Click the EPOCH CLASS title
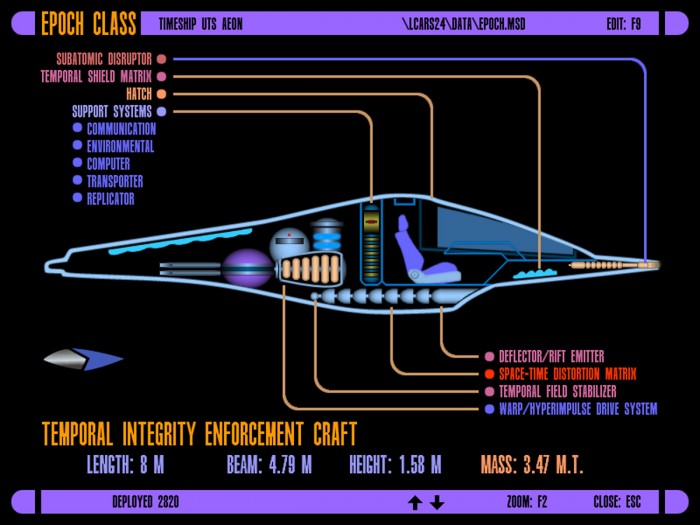(88, 24)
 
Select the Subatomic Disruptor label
(104, 59)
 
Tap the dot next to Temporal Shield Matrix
(162, 77)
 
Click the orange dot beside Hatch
(162, 94)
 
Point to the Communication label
(121, 129)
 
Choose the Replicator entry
(110, 199)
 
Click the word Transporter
(115, 181)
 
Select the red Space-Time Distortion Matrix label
(567, 374)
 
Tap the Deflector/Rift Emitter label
(551, 356)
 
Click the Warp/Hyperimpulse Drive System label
(578, 408)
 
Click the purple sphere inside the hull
(247, 268)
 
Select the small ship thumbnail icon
(83, 359)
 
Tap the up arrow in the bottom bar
(415, 503)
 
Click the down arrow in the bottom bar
(437, 503)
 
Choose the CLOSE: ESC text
(617, 502)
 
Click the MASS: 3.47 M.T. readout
(532, 465)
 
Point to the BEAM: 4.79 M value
(269, 465)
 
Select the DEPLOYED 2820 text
(146, 502)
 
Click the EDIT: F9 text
(623, 24)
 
